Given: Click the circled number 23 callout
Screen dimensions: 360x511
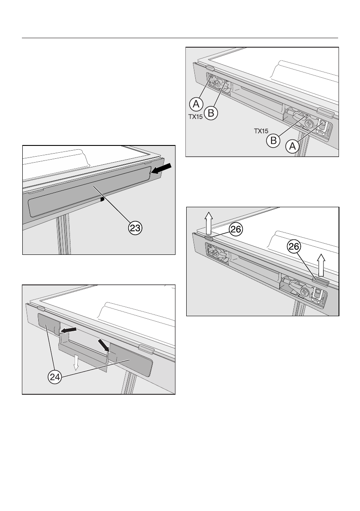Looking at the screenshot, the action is [135, 228].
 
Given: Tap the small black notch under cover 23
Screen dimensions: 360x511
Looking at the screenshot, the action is [102, 199].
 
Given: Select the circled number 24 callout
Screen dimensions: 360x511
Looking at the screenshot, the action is [55, 377].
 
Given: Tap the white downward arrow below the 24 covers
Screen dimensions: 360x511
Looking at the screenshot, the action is [76, 363].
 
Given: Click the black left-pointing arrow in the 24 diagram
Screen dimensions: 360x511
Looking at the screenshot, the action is [68, 330].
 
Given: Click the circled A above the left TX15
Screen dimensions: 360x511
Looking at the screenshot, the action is [196, 104].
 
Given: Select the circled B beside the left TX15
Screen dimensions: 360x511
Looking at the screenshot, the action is [211, 113].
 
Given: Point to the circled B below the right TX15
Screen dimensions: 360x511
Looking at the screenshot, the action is [273, 140].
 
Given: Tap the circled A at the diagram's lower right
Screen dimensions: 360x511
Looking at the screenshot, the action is [293, 146].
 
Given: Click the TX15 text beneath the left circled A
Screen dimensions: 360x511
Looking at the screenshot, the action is [196, 117].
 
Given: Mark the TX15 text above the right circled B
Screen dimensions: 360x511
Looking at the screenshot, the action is [261, 131].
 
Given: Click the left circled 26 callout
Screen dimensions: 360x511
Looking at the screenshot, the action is [236, 230].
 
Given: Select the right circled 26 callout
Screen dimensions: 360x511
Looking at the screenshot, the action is [294, 247].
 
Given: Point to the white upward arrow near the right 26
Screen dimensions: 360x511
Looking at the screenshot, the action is [321, 265].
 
